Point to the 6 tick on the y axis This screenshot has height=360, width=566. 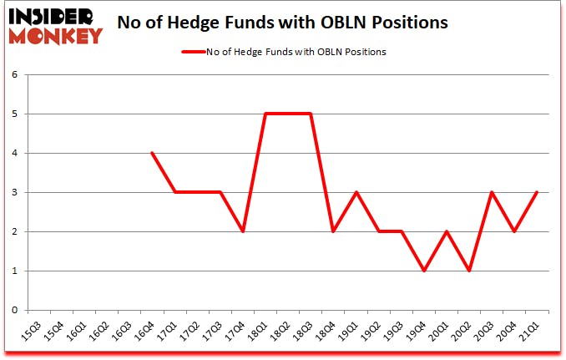click(x=14, y=74)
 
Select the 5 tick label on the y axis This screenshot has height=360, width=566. click(x=14, y=114)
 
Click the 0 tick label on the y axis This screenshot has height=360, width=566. click(x=14, y=310)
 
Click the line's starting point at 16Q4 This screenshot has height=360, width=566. click(x=152, y=153)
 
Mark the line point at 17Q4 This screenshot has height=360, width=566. click(x=242, y=231)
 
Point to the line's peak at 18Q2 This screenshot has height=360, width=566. click(x=287, y=114)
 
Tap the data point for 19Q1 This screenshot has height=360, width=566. click(x=356, y=192)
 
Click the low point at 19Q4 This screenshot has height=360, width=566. click(x=423, y=271)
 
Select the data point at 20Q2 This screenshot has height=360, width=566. click(x=468, y=271)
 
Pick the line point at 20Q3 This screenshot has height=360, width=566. click(x=491, y=192)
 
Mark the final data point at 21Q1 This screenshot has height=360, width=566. click(x=536, y=192)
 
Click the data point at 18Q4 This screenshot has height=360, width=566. click(x=333, y=231)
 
